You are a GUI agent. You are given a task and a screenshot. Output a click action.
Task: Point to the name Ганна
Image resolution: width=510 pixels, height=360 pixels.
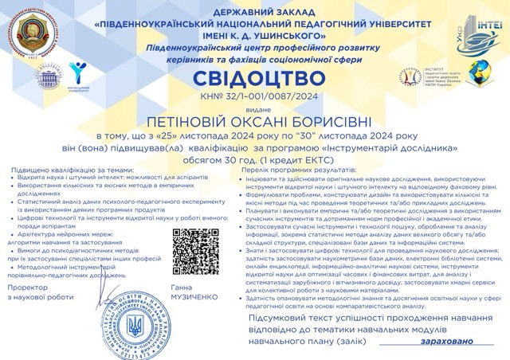coord(181,284)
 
